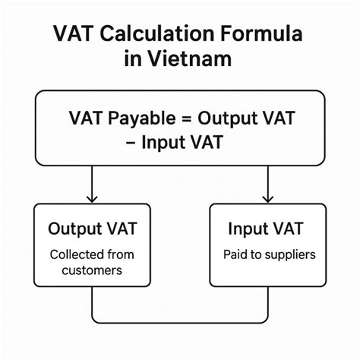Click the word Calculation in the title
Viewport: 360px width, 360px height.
(x=159, y=35)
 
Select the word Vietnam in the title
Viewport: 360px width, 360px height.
(x=194, y=60)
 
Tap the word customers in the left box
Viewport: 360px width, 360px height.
(x=90, y=270)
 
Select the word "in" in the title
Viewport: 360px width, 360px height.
(x=134, y=60)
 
